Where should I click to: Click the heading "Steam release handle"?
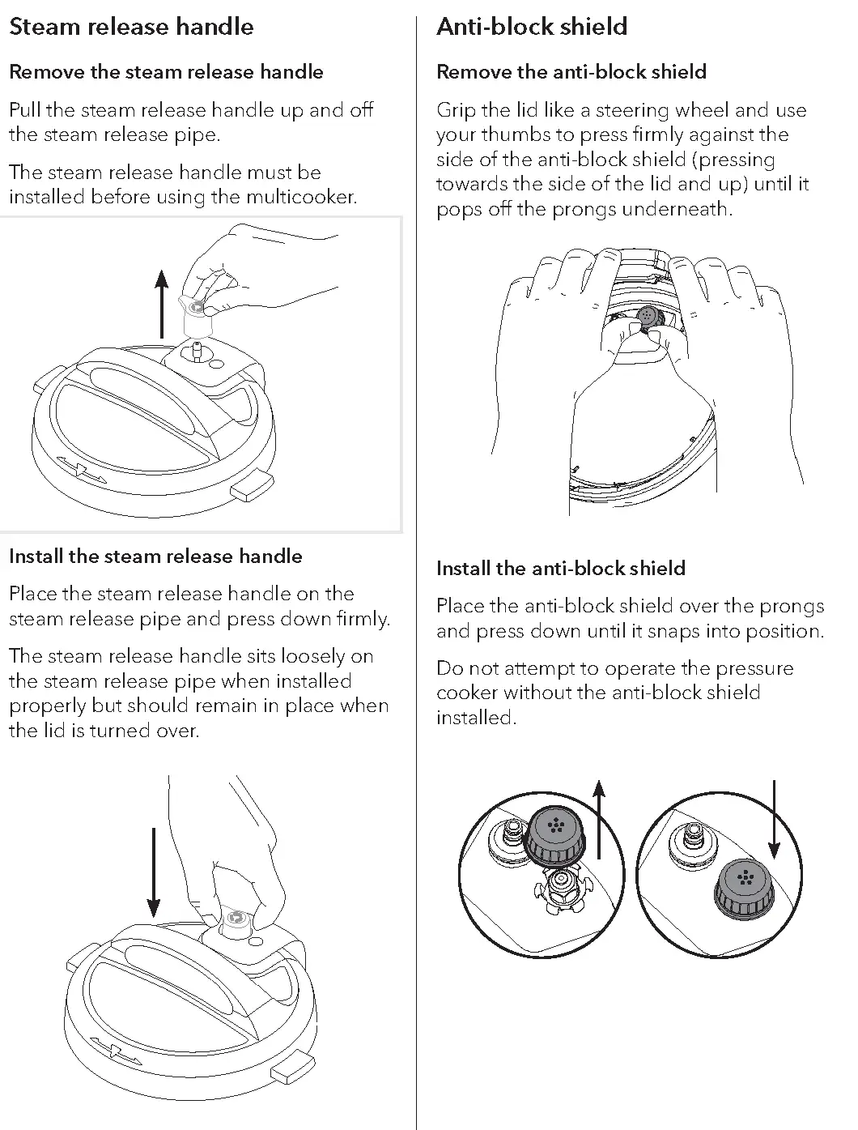(x=131, y=27)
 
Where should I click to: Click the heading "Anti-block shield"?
(x=532, y=27)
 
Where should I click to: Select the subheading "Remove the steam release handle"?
(x=166, y=72)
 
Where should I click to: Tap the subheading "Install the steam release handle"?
(x=155, y=556)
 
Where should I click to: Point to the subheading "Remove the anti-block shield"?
(x=571, y=72)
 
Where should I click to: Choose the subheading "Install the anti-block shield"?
(x=561, y=569)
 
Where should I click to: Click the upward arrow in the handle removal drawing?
(x=162, y=304)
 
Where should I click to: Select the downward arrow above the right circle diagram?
(x=775, y=818)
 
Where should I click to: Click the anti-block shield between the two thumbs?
(x=648, y=317)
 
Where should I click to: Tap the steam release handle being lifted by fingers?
(x=195, y=315)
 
